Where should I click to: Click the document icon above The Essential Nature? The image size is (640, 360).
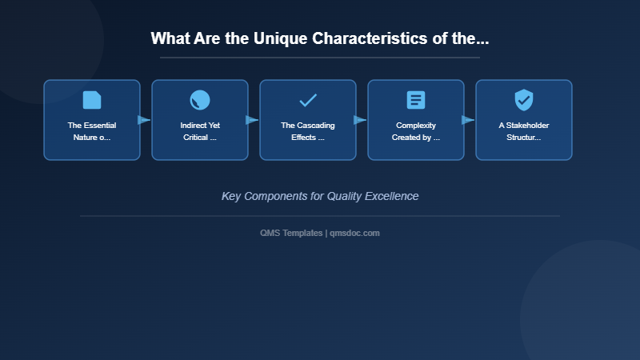click(x=92, y=100)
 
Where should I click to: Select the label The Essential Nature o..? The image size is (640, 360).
click(x=92, y=131)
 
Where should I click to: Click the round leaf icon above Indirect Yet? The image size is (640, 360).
click(x=200, y=100)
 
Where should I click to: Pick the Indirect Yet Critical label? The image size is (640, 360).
click(x=200, y=131)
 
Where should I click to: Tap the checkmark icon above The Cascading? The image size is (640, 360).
click(x=308, y=100)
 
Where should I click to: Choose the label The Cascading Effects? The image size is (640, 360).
click(x=308, y=131)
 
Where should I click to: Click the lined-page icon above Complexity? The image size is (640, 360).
click(x=416, y=100)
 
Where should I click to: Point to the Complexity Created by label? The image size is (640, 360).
click(x=416, y=131)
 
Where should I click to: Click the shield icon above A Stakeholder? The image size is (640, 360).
click(x=524, y=100)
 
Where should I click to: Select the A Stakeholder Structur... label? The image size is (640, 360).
click(x=524, y=131)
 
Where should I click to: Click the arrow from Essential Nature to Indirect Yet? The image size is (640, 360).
click(x=144, y=120)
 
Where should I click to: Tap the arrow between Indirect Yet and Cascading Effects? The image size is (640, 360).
click(x=252, y=120)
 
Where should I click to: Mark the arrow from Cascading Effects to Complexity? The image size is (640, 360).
click(x=360, y=120)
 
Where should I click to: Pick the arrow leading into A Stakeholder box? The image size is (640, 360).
click(x=468, y=120)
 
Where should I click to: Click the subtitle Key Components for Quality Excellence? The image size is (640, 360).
click(x=320, y=196)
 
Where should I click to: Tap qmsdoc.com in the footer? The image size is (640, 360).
click(x=354, y=233)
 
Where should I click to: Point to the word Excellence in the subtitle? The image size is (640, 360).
click(x=389, y=196)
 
